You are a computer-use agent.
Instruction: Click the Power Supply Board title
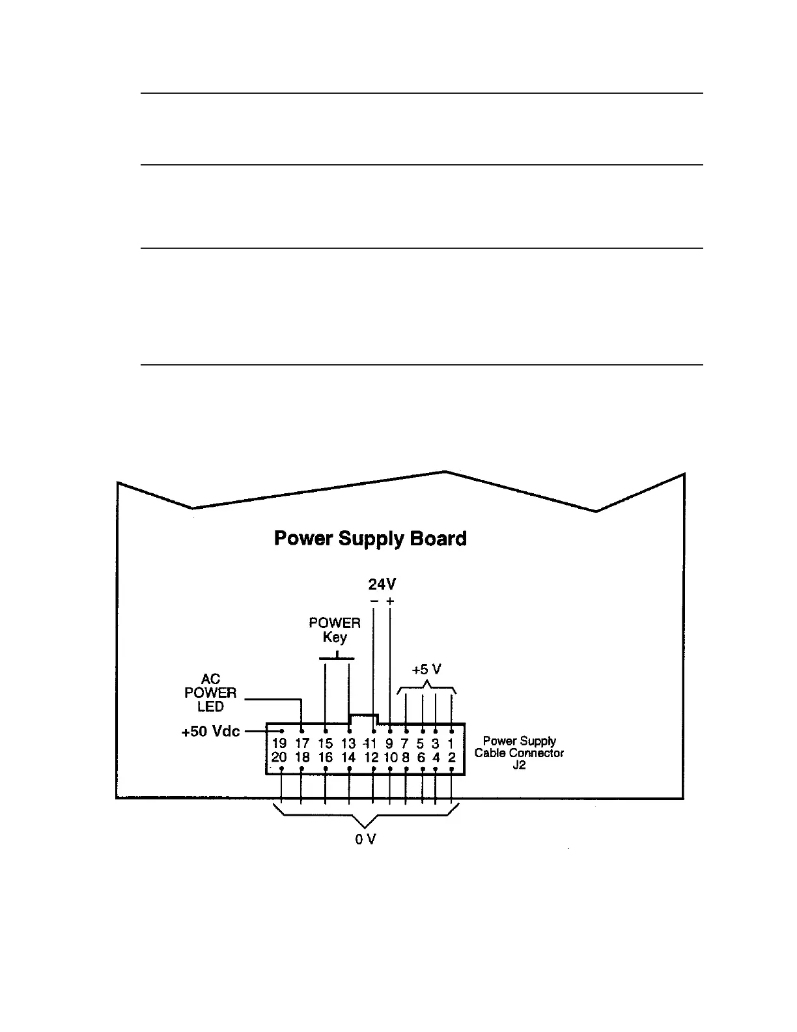click(x=370, y=539)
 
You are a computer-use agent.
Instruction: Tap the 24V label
click(x=382, y=585)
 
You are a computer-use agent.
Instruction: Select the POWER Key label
click(x=335, y=630)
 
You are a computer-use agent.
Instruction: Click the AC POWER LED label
click(x=210, y=693)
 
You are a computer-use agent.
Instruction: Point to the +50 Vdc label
click(x=210, y=732)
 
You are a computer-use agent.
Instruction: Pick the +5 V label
click(x=426, y=670)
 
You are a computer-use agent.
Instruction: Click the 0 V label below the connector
click(x=365, y=839)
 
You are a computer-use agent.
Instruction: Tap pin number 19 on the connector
click(x=279, y=743)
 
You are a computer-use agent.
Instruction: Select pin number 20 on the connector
click(x=279, y=757)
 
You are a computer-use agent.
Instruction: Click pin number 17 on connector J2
click(x=302, y=743)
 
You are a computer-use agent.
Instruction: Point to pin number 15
click(x=326, y=743)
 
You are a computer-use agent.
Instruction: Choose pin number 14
click(x=348, y=757)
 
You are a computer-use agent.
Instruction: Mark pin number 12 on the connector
click(x=371, y=757)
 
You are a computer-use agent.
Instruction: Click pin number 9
click(x=389, y=743)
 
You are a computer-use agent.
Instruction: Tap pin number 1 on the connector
click(x=451, y=743)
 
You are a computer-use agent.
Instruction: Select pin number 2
click(x=451, y=757)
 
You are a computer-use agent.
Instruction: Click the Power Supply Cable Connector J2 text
click(x=519, y=752)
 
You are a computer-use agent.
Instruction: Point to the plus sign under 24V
click(x=390, y=601)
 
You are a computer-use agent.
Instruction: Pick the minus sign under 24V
click(x=374, y=601)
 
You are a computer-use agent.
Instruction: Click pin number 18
click(x=302, y=757)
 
